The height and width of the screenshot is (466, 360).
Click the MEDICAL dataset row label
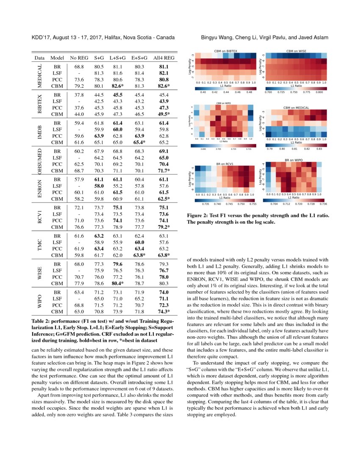click(40, 76)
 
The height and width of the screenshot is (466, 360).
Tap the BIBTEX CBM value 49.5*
click(164, 114)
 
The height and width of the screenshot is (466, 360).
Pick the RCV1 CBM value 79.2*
click(164, 227)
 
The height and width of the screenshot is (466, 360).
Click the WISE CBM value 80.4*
click(117, 284)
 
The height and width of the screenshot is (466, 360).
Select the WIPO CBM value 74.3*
click(164, 312)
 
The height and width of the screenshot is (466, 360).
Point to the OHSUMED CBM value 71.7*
click(164, 171)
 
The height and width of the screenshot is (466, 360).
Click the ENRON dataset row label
click(40, 189)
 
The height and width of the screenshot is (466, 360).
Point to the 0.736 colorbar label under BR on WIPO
click(321, 204)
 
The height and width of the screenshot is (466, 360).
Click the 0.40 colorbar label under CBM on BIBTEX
click(203, 92)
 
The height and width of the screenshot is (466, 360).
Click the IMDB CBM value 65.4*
click(139, 142)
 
